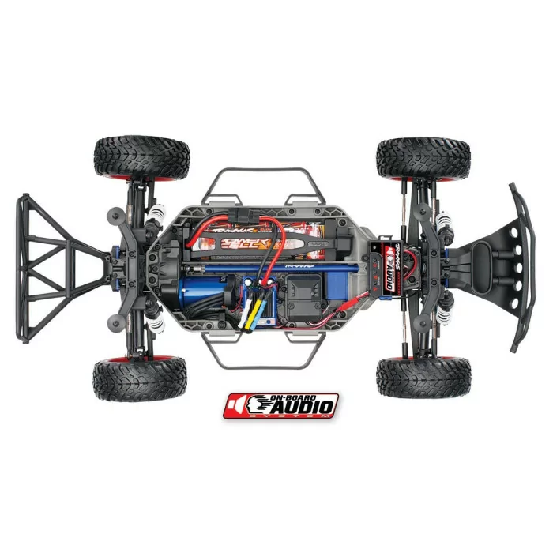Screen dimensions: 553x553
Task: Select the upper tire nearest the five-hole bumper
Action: (x=423, y=158)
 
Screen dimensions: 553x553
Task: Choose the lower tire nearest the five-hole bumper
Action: (x=423, y=377)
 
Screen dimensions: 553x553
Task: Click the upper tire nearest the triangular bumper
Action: (x=141, y=157)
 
